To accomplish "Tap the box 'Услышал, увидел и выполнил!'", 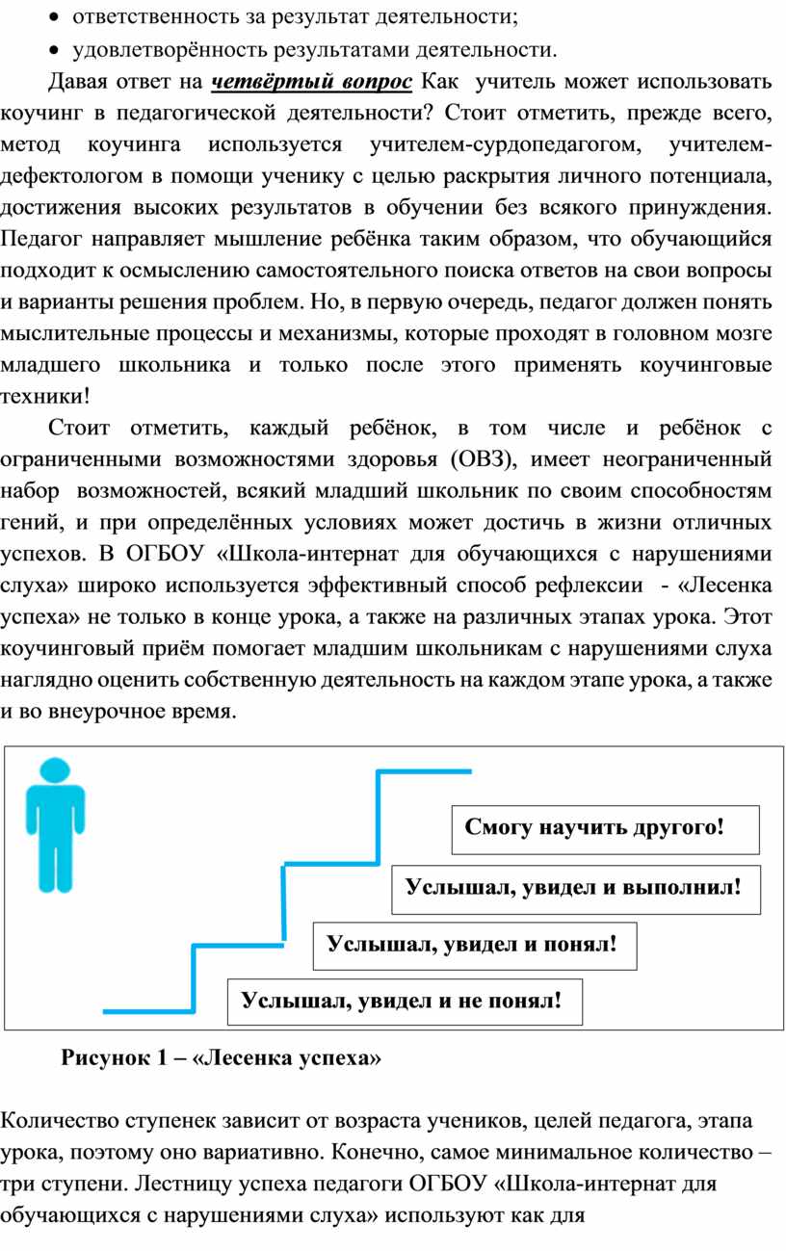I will [575, 889].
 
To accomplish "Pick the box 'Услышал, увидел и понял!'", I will [470, 943].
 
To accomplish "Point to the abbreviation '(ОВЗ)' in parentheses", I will [482, 456].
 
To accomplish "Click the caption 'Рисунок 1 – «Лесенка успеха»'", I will [222, 1058].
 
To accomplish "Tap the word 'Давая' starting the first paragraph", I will [78, 81].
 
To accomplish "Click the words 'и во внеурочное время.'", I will [119, 712].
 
